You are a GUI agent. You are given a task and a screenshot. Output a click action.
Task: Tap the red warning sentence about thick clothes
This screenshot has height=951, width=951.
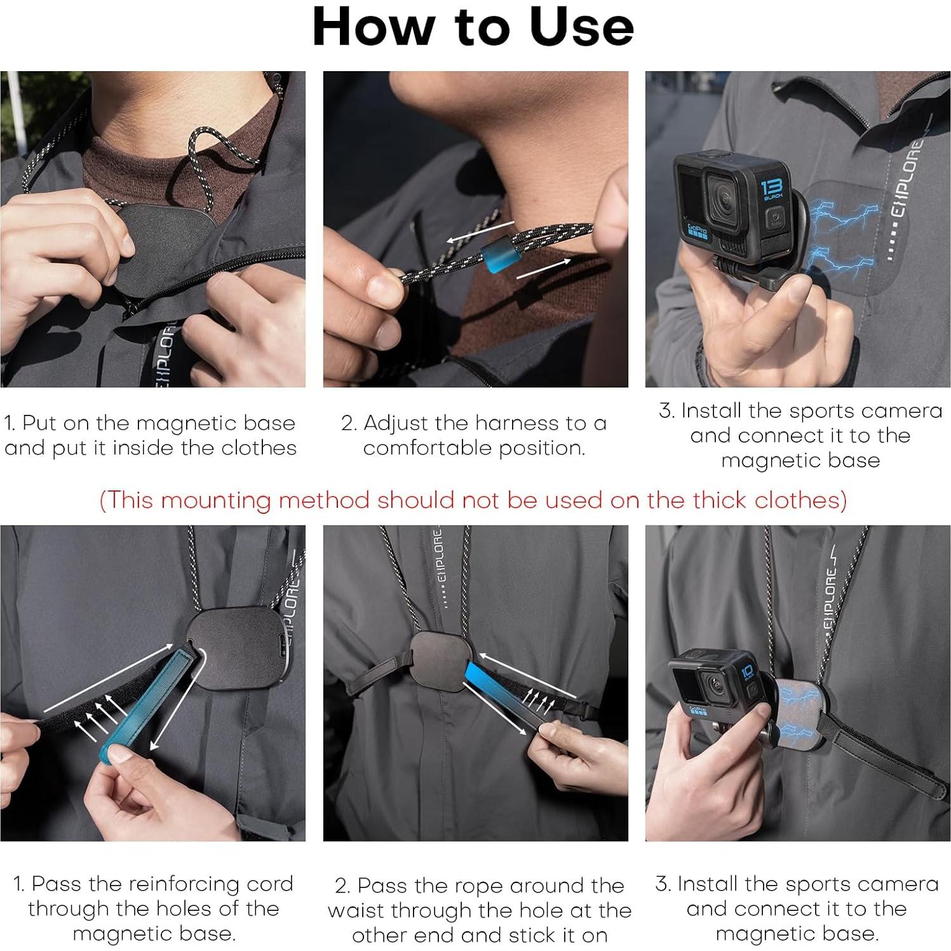473,500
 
